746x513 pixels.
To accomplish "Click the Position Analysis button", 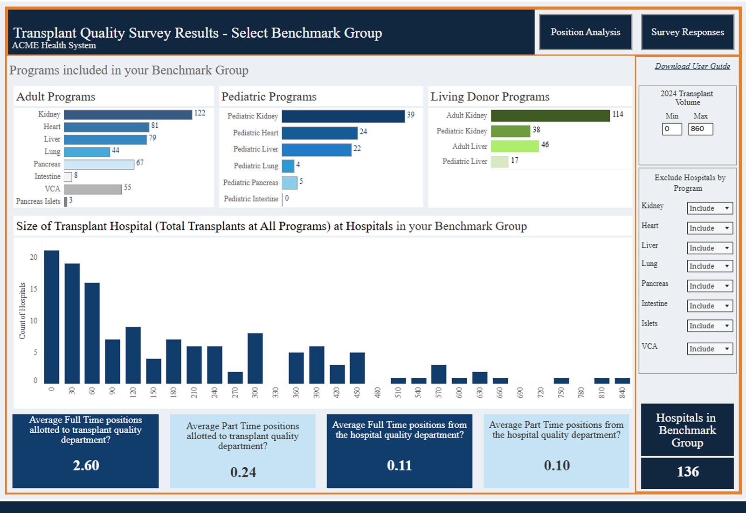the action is tap(586, 32).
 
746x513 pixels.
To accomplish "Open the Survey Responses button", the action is tap(688, 32).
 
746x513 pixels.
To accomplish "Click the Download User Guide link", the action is tap(692, 66).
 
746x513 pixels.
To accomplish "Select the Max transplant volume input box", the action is tap(701, 129).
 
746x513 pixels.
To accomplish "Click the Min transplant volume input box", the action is tap(672, 129).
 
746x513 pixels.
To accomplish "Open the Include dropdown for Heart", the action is tap(710, 228).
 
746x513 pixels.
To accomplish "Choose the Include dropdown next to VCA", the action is tap(710, 349).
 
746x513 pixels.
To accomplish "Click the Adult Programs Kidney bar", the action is tap(128, 115).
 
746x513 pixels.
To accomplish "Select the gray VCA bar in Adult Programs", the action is tap(93, 189).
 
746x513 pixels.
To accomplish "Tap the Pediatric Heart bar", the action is tap(320, 133).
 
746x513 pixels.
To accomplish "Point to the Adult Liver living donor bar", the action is tap(515, 146).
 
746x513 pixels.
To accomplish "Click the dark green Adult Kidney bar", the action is tap(551, 116).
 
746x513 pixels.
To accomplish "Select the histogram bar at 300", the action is tap(255, 359).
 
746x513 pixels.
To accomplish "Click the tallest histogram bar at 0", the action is tap(52, 317).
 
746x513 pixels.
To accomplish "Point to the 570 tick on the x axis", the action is tap(439, 393).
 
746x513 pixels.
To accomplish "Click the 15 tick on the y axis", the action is tap(34, 289).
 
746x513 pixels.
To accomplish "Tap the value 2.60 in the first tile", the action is tap(86, 465).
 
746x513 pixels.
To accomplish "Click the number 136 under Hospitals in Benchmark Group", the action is tap(688, 471).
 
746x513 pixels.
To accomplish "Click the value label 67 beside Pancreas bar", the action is tap(140, 163).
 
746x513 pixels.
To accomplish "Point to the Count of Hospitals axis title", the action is tap(22, 311).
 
